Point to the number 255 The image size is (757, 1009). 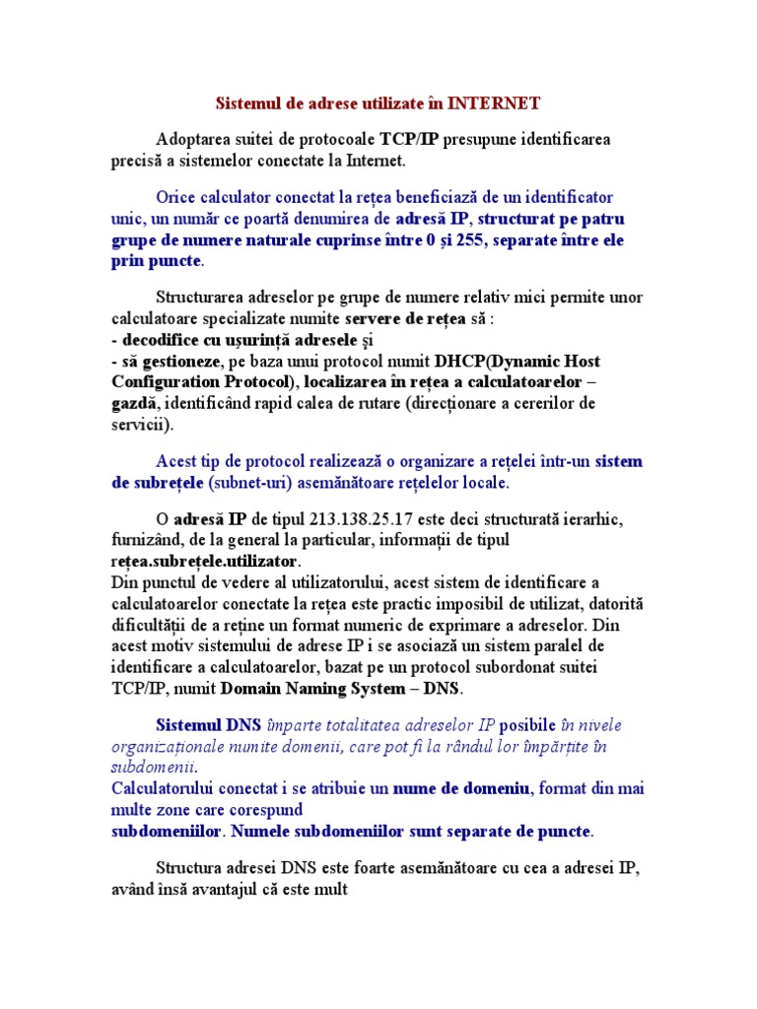[x=468, y=240]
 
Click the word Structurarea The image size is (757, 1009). [x=201, y=298]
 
